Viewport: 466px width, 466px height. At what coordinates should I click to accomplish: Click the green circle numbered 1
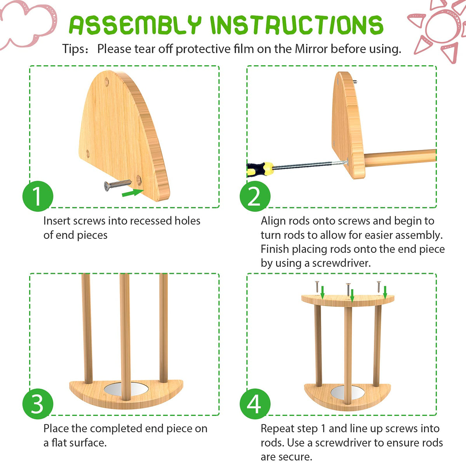coord(38,196)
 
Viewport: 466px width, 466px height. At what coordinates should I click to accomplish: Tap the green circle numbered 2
coord(255,196)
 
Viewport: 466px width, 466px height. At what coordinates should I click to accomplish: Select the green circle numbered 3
coord(38,404)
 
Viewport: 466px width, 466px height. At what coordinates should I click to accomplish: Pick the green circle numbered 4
coord(255,404)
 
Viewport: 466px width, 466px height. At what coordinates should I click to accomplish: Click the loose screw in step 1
coord(118,185)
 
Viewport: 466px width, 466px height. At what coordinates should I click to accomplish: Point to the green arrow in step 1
coord(133,193)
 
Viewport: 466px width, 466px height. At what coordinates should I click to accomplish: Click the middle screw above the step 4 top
coord(348,289)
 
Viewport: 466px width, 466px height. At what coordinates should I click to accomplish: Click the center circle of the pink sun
coord(442,27)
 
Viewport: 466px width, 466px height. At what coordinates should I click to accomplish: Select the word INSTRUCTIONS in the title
coord(297,25)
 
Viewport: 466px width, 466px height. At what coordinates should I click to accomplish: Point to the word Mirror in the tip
coord(311,49)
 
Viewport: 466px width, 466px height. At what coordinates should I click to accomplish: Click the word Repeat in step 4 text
coord(277,429)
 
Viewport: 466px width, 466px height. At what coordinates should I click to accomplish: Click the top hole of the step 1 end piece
coord(107,82)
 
